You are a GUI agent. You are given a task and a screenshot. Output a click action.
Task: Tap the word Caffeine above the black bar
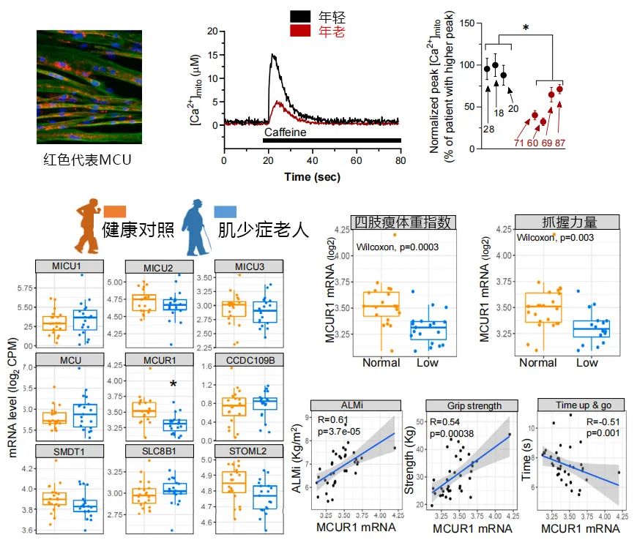286,132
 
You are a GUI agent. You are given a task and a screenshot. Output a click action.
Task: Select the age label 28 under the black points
487,129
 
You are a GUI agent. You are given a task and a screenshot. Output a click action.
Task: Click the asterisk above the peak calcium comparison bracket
526,29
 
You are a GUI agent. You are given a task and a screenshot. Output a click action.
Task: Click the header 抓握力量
567,222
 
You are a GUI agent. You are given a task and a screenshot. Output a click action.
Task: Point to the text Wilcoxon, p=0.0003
398,247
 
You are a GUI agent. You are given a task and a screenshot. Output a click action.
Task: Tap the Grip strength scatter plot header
464,405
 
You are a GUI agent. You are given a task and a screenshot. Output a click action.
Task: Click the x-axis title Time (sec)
312,176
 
